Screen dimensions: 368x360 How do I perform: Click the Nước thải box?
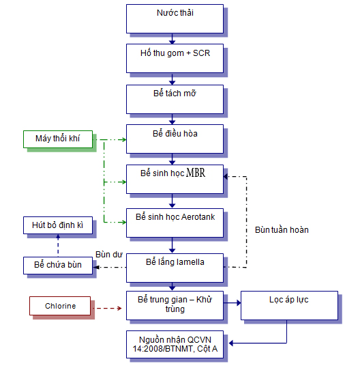tap(175, 18)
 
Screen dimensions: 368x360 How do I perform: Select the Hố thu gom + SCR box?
tap(175, 59)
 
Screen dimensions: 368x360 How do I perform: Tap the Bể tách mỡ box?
tap(175, 99)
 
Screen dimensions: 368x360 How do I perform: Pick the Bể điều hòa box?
tap(175, 139)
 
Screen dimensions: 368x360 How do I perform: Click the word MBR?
tap(196, 173)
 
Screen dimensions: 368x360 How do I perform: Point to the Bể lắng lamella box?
tap(175, 266)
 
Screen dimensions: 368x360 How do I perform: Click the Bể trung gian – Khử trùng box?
tap(175, 305)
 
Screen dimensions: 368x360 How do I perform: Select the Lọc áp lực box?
tap(289, 305)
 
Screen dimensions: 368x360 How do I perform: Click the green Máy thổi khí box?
tap(57, 140)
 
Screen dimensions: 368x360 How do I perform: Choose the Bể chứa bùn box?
tap(57, 266)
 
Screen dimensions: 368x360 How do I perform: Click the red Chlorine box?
tap(61, 306)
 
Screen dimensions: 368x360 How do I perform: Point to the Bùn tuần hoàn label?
tap(282, 229)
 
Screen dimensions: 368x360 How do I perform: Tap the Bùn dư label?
tap(109, 254)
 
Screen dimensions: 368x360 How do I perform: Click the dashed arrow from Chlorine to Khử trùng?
tap(109, 308)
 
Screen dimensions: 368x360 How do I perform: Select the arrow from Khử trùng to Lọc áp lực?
tap(232, 302)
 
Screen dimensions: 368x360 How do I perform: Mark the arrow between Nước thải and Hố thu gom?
tap(174, 39)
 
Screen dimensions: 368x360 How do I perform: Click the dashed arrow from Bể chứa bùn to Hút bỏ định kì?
tap(57, 246)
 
